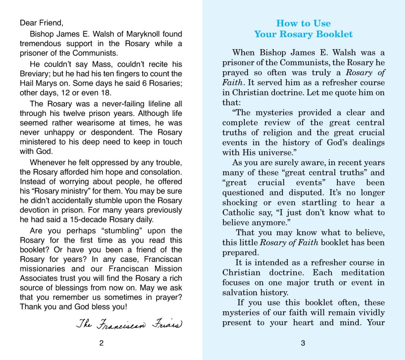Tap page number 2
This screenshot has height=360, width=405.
point(102,343)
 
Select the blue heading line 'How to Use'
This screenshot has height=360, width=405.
point(303,23)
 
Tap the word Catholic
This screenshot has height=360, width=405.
point(238,213)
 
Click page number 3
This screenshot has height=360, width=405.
point(303,343)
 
